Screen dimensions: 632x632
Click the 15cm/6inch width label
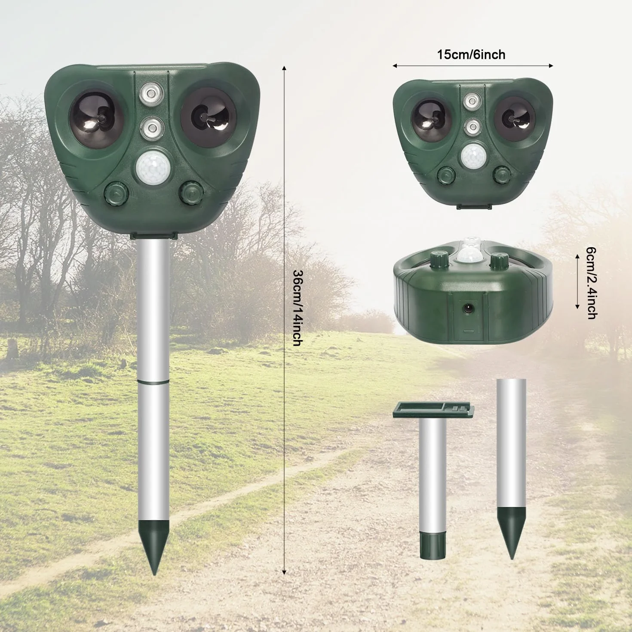click(x=471, y=55)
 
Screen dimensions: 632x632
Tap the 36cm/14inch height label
click(x=297, y=308)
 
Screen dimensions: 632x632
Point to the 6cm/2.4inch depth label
click(x=591, y=283)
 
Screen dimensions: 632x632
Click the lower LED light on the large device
click(x=151, y=128)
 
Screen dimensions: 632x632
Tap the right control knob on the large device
click(x=190, y=193)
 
